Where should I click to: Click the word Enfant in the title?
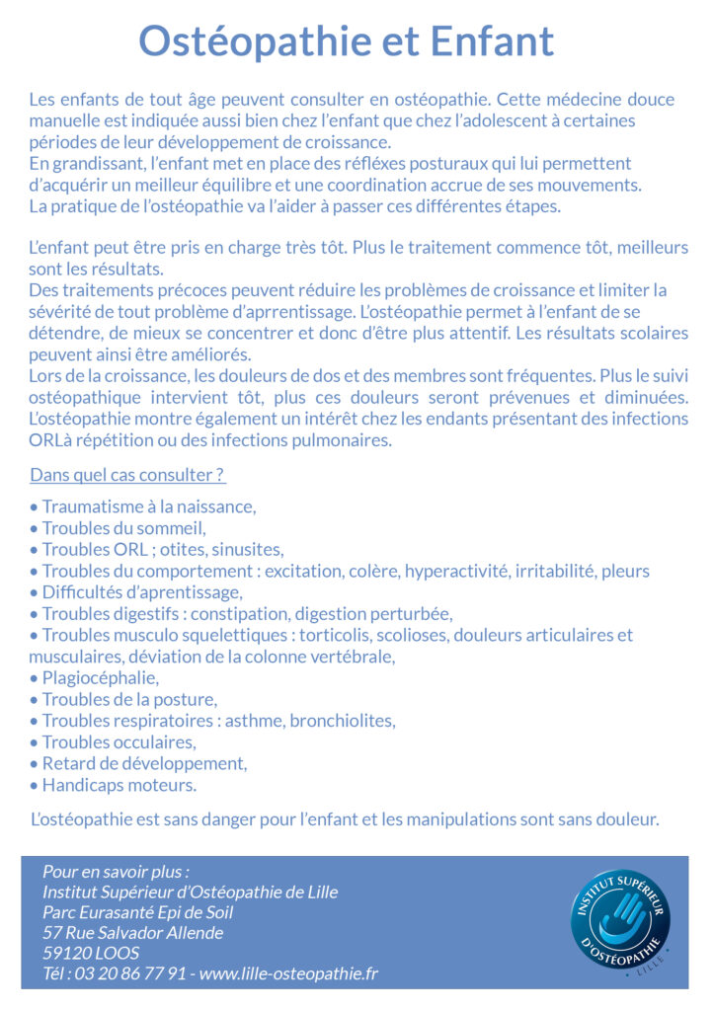[x=492, y=41]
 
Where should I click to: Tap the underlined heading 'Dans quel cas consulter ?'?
[x=127, y=475]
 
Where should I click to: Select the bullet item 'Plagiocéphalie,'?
[x=99, y=678]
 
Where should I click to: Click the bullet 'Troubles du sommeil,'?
[x=123, y=528]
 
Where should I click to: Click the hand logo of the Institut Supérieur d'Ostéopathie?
[x=619, y=917]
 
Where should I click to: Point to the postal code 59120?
[x=65, y=953]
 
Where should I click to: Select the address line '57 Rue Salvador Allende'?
[x=132, y=932]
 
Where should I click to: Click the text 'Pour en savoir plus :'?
[x=116, y=872]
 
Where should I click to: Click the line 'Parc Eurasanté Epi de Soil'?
[x=137, y=912]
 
